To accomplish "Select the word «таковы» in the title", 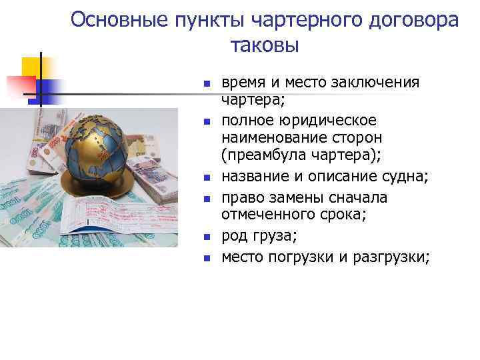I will [265, 45].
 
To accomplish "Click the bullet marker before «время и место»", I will [207, 84].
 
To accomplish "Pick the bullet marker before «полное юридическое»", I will [207, 123].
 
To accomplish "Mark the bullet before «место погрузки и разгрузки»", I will [207, 257].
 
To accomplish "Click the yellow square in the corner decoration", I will [33, 69].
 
